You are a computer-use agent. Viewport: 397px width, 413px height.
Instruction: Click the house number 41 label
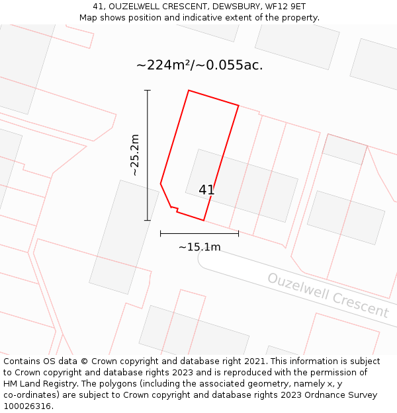pos(206,190)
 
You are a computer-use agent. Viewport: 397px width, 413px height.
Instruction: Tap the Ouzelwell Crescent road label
pos(328,295)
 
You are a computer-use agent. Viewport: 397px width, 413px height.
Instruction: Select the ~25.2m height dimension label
pos(135,155)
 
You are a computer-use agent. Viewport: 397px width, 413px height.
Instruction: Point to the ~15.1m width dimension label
pos(199,247)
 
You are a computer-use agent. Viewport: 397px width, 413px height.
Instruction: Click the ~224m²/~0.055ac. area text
pos(199,65)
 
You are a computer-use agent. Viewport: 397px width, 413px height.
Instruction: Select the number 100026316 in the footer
pos(26,406)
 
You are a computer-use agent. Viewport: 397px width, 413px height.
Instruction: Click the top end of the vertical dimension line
pos(147,91)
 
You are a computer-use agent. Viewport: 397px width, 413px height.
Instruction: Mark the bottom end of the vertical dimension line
pos(147,220)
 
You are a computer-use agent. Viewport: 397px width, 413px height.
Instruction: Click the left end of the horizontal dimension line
pos(161,233)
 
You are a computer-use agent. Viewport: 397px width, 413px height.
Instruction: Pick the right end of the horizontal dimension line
pos(238,233)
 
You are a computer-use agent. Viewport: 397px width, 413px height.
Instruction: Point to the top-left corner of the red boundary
pos(189,91)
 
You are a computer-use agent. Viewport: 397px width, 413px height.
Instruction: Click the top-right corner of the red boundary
pos(238,106)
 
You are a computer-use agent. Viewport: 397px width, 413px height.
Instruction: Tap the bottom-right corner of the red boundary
pos(203,220)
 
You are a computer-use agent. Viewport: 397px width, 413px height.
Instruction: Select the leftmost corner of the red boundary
pos(161,183)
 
